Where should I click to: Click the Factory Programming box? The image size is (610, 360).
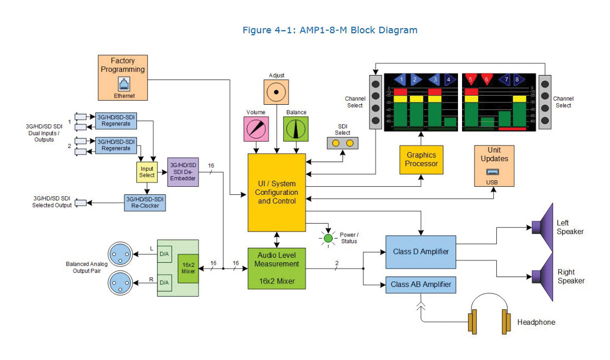(123, 77)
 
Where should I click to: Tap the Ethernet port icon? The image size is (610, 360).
(123, 84)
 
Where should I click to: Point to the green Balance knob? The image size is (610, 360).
(296, 129)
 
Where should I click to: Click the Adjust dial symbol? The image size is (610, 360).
(276, 92)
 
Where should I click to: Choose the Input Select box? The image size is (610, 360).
(147, 172)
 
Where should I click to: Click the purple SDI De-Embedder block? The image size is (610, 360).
(183, 172)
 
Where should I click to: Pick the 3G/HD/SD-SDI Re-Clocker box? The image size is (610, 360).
(144, 203)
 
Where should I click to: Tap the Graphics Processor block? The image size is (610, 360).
(421, 159)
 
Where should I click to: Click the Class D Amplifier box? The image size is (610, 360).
(420, 252)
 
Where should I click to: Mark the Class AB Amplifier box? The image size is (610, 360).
(420, 285)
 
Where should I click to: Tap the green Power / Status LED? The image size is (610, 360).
(329, 238)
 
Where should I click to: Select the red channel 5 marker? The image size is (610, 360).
(471, 80)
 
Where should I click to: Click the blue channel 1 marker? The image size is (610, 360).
(400, 80)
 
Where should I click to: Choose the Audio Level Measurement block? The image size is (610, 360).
(276, 268)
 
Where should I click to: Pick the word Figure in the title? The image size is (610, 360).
(257, 30)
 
